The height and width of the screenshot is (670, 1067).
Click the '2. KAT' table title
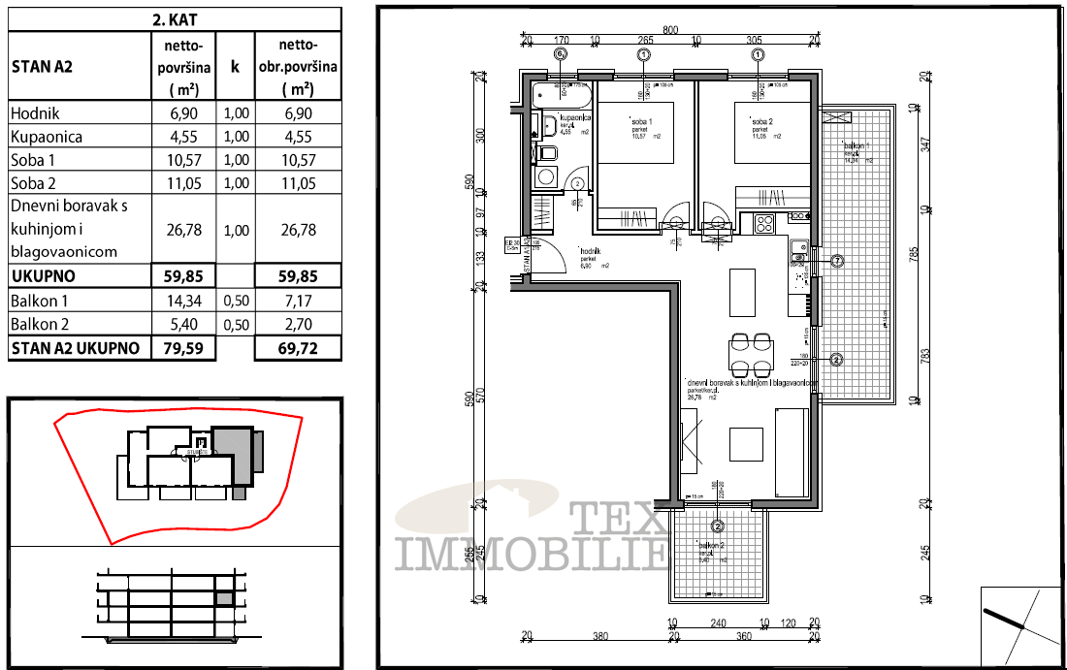pyautogui.click(x=176, y=18)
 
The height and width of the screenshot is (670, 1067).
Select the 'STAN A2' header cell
pyautogui.click(x=43, y=67)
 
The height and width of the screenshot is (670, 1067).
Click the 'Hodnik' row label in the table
pyautogui.click(x=35, y=113)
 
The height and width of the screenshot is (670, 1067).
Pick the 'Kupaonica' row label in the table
pyautogui.click(x=47, y=137)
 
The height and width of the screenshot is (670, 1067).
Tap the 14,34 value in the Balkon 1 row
pyautogui.click(x=183, y=302)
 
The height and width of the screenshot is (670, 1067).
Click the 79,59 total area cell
pyautogui.click(x=183, y=348)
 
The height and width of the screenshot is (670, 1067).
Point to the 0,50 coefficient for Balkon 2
pyautogui.click(x=236, y=325)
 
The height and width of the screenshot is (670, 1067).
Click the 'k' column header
pyautogui.click(x=236, y=67)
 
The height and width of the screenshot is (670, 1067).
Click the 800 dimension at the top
pyautogui.click(x=670, y=29)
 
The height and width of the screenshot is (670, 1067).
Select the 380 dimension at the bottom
pyautogui.click(x=600, y=637)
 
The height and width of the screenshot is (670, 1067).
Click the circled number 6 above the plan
pyautogui.click(x=560, y=55)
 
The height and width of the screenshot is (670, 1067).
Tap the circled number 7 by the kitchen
pyautogui.click(x=837, y=261)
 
